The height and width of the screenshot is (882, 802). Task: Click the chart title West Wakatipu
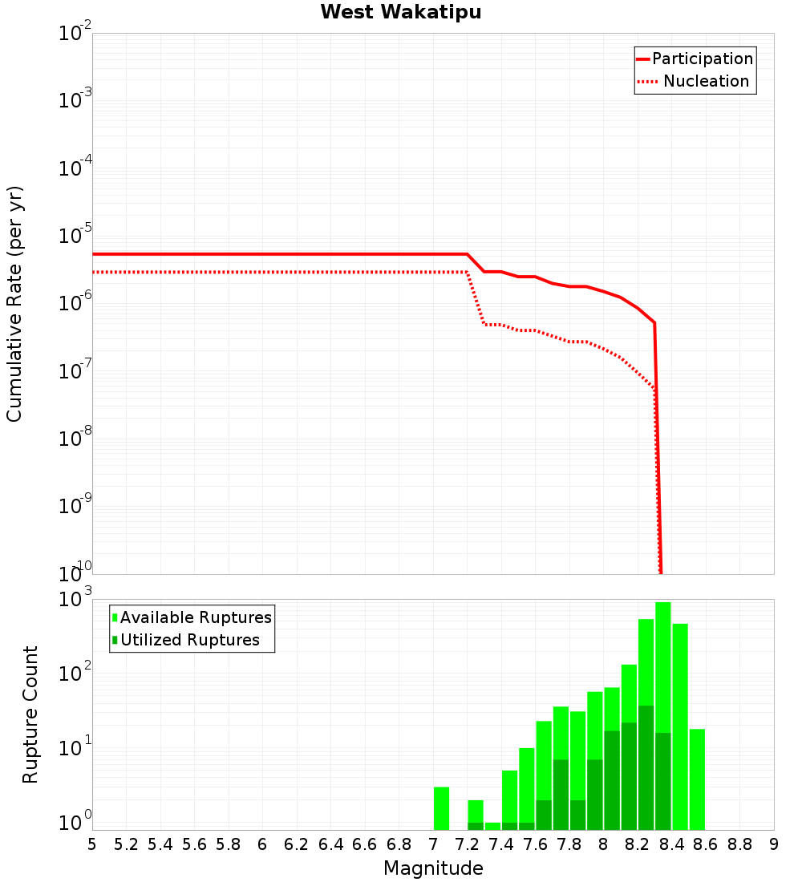pyautogui.click(x=401, y=13)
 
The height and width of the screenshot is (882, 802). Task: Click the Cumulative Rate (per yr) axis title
pyautogui.click(x=14, y=304)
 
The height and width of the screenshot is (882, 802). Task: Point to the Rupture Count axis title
pyautogui.click(x=30, y=714)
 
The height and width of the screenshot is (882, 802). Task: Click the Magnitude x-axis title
pyautogui.click(x=433, y=868)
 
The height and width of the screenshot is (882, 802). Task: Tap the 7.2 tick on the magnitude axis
pyautogui.click(x=467, y=844)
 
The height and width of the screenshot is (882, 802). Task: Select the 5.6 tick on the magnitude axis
pyautogui.click(x=195, y=844)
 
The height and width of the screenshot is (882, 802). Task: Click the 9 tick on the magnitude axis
pyautogui.click(x=774, y=844)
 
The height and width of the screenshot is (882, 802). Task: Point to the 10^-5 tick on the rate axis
pyautogui.click(x=75, y=236)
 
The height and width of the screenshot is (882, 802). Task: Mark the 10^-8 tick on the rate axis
pyautogui.click(x=75, y=439)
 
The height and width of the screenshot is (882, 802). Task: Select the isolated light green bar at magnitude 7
pyautogui.click(x=441, y=808)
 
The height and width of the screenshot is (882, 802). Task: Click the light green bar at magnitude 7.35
pyautogui.click(x=492, y=826)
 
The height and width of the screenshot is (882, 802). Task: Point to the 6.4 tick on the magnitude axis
pyautogui.click(x=330, y=844)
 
